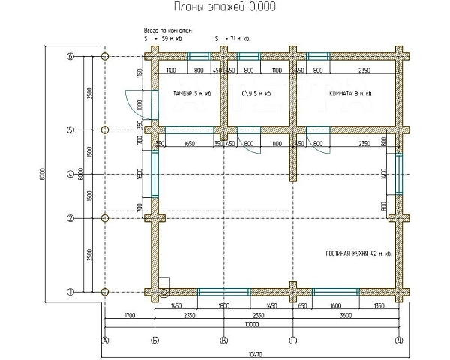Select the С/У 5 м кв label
(x=256, y=94)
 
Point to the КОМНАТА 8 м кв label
(x=350, y=94)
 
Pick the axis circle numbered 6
(x=70, y=56)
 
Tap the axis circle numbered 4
(x=70, y=175)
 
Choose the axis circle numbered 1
(x=70, y=292)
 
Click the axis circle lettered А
(x=104, y=340)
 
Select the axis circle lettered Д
(x=398, y=340)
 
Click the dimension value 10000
(x=251, y=325)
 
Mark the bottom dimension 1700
(x=129, y=316)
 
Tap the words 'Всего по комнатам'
(x=169, y=31)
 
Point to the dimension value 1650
(x=189, y=142)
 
